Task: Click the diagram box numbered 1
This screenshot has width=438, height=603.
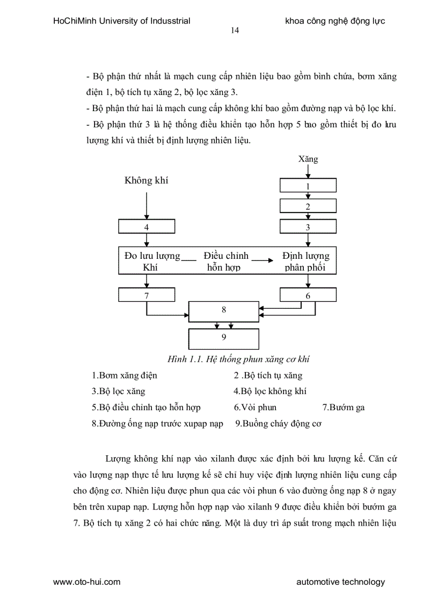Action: tap(308, 186)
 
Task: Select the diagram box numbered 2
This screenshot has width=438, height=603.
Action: tap(308, 206)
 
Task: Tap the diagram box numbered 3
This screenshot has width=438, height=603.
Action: tap(308, 227)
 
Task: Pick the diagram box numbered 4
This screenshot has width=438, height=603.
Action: tap(147, 227)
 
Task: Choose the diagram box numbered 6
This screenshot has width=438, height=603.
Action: tap(308, 295)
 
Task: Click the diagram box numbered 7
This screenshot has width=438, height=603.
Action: tap(147, 295)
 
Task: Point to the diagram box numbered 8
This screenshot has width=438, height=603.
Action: tap(224, 310)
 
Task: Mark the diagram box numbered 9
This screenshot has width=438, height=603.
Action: tap(224, 338)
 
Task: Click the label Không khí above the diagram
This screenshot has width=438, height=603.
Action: tap(147, 180)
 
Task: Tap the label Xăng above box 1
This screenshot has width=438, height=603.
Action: tap(308, 159)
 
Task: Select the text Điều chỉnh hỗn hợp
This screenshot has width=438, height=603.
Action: tap(225, 261)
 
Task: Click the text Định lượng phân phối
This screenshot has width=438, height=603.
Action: tap(306, 261)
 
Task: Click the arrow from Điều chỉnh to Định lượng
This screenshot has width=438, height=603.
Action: tap(260, 260)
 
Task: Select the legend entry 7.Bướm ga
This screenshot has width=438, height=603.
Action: tap(343, 407)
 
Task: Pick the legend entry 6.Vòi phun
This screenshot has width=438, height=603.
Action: tap(255, 407)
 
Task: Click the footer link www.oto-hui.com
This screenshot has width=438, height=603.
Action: tap(86, 582)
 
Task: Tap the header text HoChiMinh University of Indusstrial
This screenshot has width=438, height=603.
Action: tap(122, 21)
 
